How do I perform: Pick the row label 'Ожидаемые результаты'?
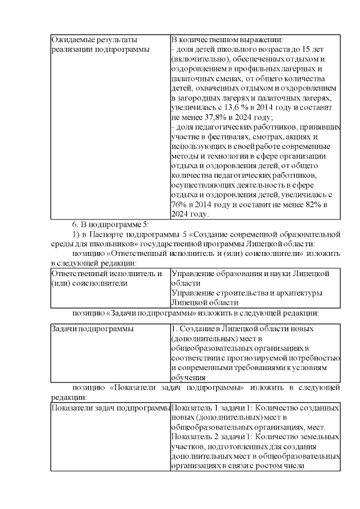click(94, 40)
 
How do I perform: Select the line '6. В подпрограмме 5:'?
click(110, 223)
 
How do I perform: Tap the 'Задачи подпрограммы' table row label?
click(92, 328)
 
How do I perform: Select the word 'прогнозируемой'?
click(266, 358)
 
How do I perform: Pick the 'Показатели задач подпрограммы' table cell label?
click(110, 407)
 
